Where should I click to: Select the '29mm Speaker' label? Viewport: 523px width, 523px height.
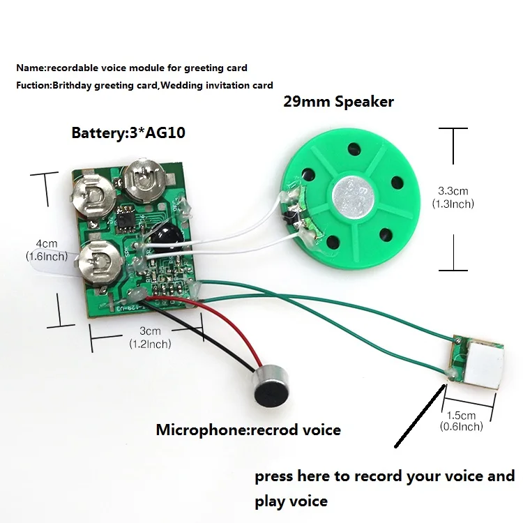click(x=338, y=102)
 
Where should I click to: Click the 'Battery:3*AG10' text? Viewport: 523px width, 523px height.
click(x=128, y=132)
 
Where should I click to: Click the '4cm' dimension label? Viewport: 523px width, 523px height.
click(x=47, y=244)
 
